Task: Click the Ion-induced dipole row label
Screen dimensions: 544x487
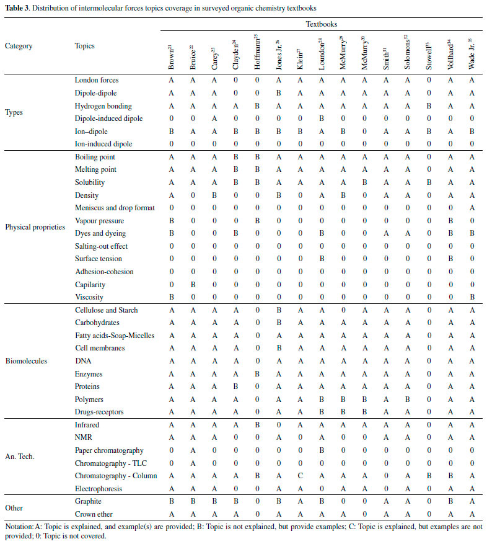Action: [x=104, y=144]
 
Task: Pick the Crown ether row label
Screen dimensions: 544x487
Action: [x=94, y=514]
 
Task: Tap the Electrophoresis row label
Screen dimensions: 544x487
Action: [x=99, y=489]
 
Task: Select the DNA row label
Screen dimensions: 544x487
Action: [x=82, y=361]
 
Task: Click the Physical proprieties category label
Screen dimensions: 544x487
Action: [x=35, y=227]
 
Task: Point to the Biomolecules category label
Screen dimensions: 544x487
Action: [x=25, y=361]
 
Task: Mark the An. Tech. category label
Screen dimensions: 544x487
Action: [x=20, y=457]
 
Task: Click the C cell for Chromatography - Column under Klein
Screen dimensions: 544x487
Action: [x=300, y=476]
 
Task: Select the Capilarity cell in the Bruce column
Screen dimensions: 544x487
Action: [x=192, y=285]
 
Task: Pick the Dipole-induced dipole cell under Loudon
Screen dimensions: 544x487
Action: [x=321, y=118]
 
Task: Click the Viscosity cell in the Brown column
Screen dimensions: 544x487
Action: [x=171, y=297]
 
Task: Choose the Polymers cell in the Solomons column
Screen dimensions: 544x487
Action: [x=406, y=399]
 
